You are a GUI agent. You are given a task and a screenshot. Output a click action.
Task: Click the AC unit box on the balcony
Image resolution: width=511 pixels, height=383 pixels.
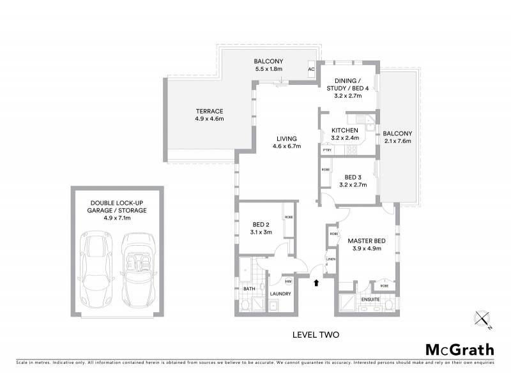[312, 70]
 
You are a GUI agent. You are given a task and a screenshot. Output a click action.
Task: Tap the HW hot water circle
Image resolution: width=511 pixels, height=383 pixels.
[288, 281]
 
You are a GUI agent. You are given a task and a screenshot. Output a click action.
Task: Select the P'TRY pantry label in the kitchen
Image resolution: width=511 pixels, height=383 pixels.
[326, 150]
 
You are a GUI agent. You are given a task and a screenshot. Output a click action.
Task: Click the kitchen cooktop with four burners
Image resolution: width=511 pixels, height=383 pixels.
[353, 150]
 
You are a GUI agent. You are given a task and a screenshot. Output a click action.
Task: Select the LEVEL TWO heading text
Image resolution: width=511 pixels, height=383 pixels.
[315, 334]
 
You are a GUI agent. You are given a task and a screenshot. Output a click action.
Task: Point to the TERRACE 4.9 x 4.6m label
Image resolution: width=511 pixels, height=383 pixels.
[209, 115]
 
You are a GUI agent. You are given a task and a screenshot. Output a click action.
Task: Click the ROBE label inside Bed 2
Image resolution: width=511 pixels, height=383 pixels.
[288, 218]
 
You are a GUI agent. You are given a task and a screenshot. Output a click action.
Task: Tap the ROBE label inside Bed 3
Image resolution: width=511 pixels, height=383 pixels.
[326, 169]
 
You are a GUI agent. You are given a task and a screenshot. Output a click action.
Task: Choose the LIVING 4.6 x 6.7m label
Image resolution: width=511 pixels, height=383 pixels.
[286, 142]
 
